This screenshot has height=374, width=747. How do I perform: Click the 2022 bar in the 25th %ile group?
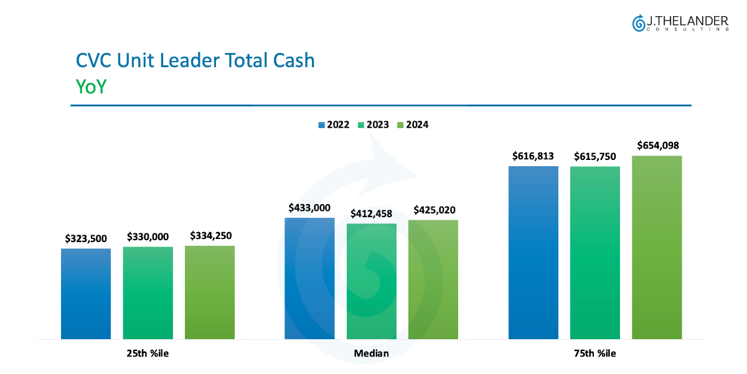coord(86,294)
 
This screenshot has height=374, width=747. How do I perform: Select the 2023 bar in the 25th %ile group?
coord(148,293)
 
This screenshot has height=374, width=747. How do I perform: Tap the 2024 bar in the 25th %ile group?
coord(210,292)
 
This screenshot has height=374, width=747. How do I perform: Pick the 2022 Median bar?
coord(309,279)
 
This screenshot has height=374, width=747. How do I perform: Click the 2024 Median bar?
coord(433,279)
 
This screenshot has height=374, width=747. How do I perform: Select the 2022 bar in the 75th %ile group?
coord(533,253)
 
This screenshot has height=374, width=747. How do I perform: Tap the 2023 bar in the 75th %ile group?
coord(595,253)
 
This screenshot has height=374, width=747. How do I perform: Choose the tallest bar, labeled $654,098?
coord(657,248)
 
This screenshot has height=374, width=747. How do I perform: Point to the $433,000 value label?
coord(309,208)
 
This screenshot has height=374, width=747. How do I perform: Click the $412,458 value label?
coord(371,214)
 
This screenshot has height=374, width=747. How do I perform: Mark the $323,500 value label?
coord(86,238)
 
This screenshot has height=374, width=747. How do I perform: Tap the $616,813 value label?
coord(533,156)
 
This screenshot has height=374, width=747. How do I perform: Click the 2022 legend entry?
coord(334,124)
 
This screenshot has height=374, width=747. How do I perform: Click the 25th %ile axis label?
coord(148,353)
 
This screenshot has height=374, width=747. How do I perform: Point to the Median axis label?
coord(371,353)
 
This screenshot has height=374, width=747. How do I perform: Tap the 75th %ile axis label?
coord(595,353)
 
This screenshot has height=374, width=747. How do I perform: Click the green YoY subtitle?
coord(91,86)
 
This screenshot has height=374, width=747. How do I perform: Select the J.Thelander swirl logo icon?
coord(638,23)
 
